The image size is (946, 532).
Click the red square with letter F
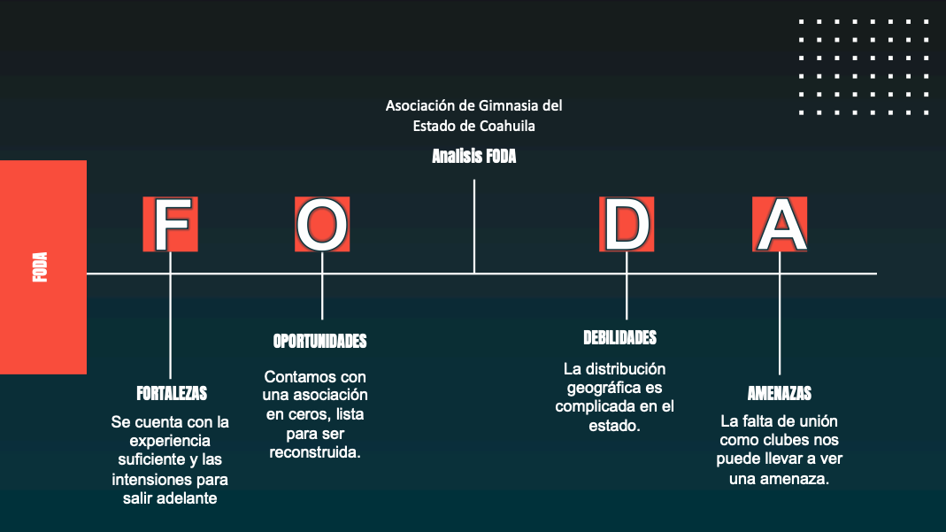click(170, 224)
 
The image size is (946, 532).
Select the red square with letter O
click(322, 224)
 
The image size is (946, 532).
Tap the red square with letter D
click(627, 224)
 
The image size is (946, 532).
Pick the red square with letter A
click(780, 224)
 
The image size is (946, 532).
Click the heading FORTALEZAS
click(172, 394)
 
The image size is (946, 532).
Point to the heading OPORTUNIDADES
click(319, 342)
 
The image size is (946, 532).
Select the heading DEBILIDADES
click(619, 338)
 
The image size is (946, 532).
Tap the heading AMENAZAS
click(780, 393)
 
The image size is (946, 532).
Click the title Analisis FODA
click(474, 156)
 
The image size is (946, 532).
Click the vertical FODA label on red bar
click(40, 266)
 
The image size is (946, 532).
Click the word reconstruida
click(315, 452)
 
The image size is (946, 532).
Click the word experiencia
click(170, 441)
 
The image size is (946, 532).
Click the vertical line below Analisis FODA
click(474, 227)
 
